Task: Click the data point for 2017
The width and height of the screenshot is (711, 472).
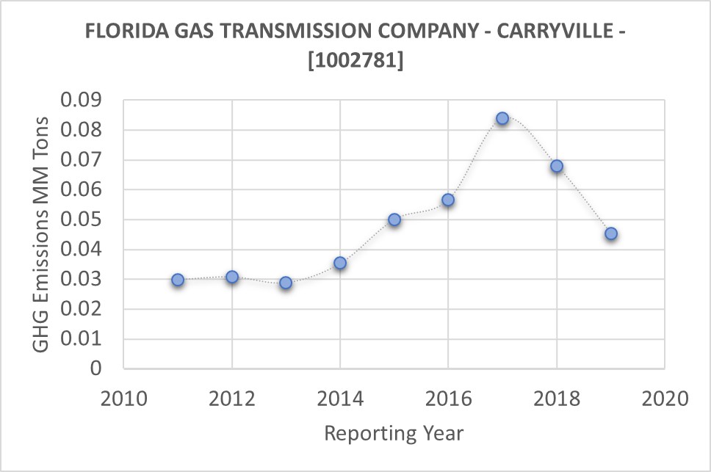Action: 502,118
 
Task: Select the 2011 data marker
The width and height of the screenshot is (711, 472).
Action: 178,280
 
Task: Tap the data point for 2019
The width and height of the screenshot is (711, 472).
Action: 610,234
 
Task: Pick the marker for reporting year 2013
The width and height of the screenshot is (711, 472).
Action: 286,283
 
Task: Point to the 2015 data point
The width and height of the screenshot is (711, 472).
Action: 394,219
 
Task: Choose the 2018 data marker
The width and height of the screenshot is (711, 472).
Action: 557,166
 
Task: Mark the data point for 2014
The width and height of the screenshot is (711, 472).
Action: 340,263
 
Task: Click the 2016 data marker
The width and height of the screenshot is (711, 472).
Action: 448,200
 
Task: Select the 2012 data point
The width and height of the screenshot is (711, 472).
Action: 232,277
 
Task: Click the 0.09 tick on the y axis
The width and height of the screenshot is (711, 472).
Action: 83,101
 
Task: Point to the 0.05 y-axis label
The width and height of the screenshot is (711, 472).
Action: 83,220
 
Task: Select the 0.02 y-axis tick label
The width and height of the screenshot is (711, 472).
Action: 83,310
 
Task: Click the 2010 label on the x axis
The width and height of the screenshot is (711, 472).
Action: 123,399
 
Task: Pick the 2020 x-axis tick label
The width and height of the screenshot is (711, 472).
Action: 665,399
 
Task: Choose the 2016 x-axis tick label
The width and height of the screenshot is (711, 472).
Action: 448,399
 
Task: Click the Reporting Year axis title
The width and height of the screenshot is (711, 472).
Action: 394,433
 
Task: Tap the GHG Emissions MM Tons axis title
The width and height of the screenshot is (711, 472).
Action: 42,233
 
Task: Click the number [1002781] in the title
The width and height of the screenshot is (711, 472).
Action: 355,61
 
